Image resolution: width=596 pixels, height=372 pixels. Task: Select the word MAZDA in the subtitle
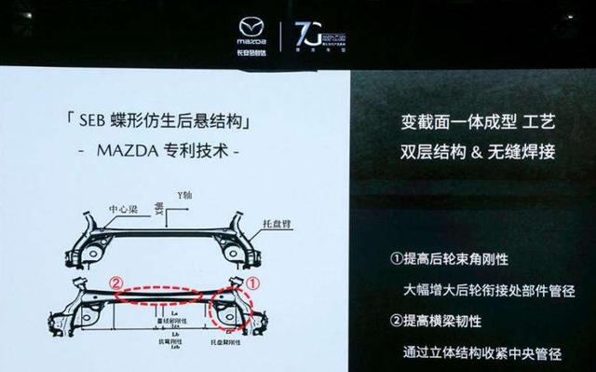pyautogui.click(x=121, y=149)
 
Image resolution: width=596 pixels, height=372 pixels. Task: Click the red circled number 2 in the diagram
pyautogui.click(x=113, y=281)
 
